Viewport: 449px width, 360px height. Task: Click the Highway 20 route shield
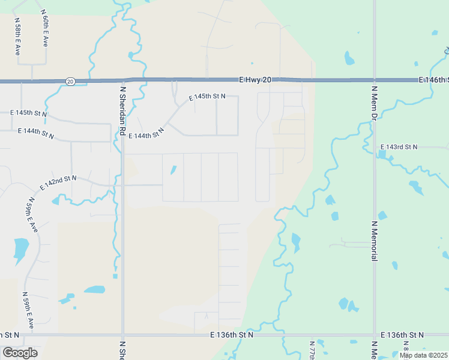point(70,81)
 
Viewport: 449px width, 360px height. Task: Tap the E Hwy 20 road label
point(256,79)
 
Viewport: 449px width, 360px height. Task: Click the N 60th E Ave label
point(45,28)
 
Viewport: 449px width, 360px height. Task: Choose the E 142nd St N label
point(58,182)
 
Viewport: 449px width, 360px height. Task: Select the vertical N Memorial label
point(374,241)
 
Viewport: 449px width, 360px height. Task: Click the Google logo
point(20,353)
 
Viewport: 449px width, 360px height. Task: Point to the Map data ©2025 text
point(423,355)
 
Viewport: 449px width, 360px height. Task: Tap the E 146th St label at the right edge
point(433,80)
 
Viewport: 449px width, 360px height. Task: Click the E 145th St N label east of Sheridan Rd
point(207,97)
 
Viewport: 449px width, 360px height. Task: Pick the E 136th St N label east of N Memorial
point(402,335)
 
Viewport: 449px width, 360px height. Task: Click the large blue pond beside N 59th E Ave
point(21,249)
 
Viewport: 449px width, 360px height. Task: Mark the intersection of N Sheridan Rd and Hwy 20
point(122,80)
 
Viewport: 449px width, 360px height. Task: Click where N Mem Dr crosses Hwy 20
point(374,80)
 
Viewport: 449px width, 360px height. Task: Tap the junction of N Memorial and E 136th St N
point(374,335)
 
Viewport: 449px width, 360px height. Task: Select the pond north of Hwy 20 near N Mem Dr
point(349,59)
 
